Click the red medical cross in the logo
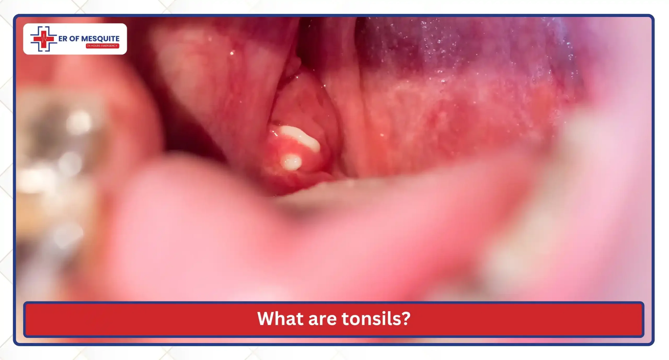[44, 39]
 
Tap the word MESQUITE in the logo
[100, 39]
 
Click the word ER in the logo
[63, 39]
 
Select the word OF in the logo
[74, 39]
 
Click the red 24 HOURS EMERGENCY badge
[102, 46]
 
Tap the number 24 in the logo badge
[89, 46]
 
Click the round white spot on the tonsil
[291, 162]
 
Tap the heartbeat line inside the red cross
[44, 39]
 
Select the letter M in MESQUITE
[84, 39]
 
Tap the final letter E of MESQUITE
[117, 39]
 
